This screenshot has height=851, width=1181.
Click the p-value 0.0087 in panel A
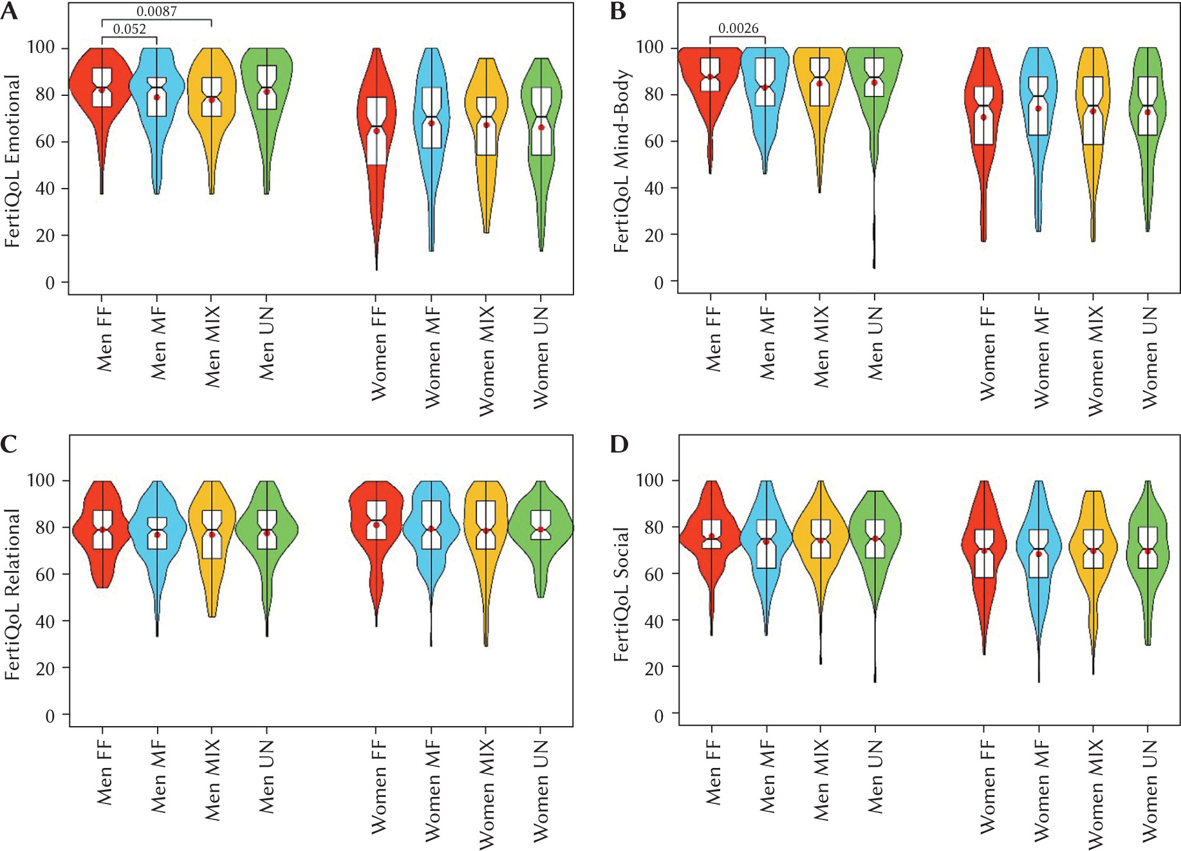click(156, 12)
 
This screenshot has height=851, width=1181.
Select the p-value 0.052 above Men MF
click(129, 29)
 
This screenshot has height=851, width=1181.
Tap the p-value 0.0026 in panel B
click(738, 28)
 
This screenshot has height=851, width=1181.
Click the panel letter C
click(9, 444)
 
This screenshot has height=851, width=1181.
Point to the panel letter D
click(618, 444)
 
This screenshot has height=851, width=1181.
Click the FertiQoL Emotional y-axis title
click(12, 161)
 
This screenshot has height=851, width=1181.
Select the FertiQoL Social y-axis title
click(621, 594)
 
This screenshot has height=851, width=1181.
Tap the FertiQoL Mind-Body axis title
click(621, 161)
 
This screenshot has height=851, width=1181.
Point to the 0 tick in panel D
click(658, 715)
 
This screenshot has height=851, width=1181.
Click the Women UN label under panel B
click(1149, 357)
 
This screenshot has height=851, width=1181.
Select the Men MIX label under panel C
click(212, 780)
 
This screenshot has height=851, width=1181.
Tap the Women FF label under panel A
click(378, 353)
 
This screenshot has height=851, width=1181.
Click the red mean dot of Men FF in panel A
click(102, 90)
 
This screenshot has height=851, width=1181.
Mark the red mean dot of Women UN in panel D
click(1148, 551)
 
